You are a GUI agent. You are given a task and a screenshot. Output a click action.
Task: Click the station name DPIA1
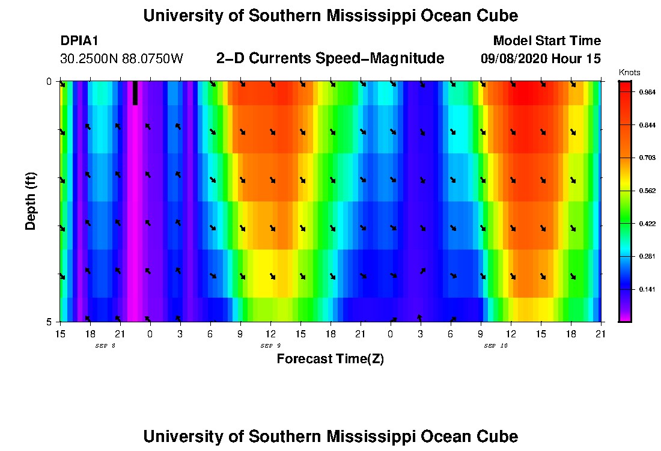coord(79,41)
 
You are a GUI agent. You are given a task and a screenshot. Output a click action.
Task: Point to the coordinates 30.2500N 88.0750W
coord(121,59)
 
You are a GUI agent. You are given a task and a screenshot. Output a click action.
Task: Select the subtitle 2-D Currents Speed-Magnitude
coord(330,58)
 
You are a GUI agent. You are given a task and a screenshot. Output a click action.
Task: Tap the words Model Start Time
coord(546,41)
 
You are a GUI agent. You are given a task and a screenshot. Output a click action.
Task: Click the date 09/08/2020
coord(513,59)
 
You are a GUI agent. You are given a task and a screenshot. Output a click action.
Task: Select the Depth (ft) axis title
coord(31,201)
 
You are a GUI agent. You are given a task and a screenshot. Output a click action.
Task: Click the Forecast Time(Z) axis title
coord(330,359)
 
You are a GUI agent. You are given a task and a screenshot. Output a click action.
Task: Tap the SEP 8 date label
coord(105,346)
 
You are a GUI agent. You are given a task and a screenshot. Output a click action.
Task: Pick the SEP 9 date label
coord(270,346)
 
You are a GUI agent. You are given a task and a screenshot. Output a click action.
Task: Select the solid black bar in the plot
coord(135,93)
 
